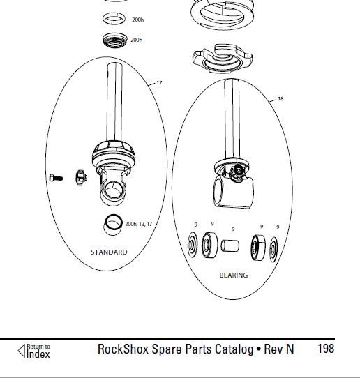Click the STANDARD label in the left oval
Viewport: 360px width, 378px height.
[109, 252]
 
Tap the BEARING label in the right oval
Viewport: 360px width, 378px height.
[234, 275]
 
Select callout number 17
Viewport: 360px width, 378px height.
[159, 83]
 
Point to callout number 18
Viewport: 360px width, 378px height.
[280, 98]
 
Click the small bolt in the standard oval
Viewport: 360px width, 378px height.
[56, 178]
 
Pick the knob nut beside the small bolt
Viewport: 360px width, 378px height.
[81, 177]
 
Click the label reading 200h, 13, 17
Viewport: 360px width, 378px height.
[139, 224]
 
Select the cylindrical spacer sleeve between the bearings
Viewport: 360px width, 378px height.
[230, 245]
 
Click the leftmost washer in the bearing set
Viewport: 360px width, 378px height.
[193, 245]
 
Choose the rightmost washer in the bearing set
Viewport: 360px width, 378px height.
[273, 249]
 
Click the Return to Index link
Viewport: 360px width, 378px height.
[33, 351]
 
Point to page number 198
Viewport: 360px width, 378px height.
[326, 349]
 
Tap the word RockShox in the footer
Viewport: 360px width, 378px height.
[123, 349]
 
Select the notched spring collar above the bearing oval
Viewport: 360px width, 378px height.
[223, 59]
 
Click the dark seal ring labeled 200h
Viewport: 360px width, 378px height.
[115, 40]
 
